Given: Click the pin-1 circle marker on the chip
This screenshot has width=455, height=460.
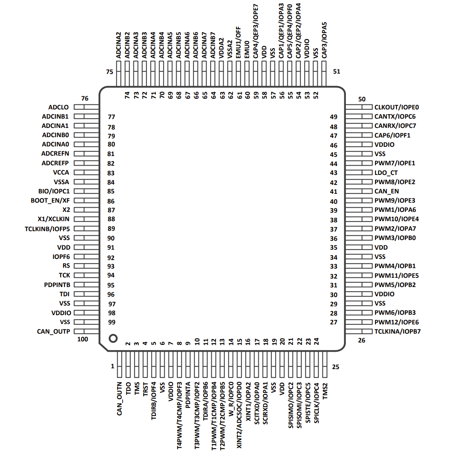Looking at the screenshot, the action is (x=113, y=338).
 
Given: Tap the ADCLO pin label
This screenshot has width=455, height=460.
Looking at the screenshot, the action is (x=58, y=107).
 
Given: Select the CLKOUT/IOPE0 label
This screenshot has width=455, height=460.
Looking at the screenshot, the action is (x=397, y=107).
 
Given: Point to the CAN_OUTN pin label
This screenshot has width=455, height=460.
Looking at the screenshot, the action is (x=120, y=399).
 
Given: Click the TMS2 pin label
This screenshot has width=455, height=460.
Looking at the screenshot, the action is (x=325, y=391).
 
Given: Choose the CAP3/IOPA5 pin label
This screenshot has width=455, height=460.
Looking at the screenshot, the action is (x=324, y=40).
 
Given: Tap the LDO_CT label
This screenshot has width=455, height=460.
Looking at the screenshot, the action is (x=386, y=173).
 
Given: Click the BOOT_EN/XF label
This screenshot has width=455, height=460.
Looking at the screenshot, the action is (x=50, y=201).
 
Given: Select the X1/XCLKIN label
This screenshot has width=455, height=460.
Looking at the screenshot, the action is (x=54, y=219).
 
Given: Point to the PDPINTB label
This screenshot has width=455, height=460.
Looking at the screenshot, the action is (x=57, y=285).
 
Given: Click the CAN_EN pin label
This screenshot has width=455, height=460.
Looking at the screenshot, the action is (x=387, y=191).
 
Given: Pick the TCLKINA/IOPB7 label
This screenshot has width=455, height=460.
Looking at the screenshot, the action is (x=398, y=331).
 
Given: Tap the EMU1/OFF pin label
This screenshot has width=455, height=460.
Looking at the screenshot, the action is (x=238, y=43).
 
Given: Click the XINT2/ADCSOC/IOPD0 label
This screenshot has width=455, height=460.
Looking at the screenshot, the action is (x=239, y=415).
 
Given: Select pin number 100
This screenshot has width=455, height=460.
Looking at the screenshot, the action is (x=83, y=339).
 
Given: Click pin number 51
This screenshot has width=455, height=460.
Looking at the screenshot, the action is (x=336, y=72).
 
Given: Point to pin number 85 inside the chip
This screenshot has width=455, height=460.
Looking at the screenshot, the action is (x=111, y=191).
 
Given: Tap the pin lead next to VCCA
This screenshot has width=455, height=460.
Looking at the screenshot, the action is (x=86, y=173).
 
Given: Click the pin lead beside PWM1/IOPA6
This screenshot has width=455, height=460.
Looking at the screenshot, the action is (x=359, y=210).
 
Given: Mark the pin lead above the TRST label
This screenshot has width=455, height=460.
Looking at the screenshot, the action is (x=145, y=364).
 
